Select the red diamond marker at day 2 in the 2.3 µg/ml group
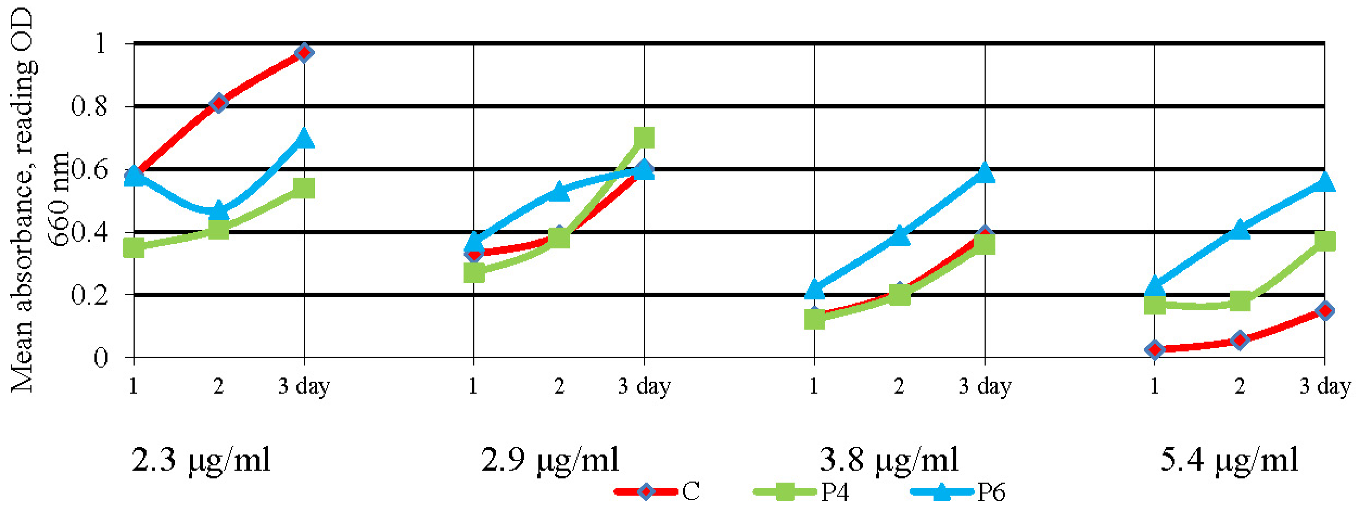click(x=219, y=103)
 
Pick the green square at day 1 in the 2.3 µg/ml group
click(x=134, y=248)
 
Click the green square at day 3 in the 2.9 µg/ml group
click(x=644, y=138)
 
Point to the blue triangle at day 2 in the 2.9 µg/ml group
click(x=559, y=192)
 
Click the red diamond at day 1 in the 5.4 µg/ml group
click(x=1155, y=349)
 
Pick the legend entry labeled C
click(x=659, y=492)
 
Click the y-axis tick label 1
click(x=100, y=43)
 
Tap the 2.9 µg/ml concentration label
click(x=550, y=459)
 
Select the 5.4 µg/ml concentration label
click(x=1230, y=459)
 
